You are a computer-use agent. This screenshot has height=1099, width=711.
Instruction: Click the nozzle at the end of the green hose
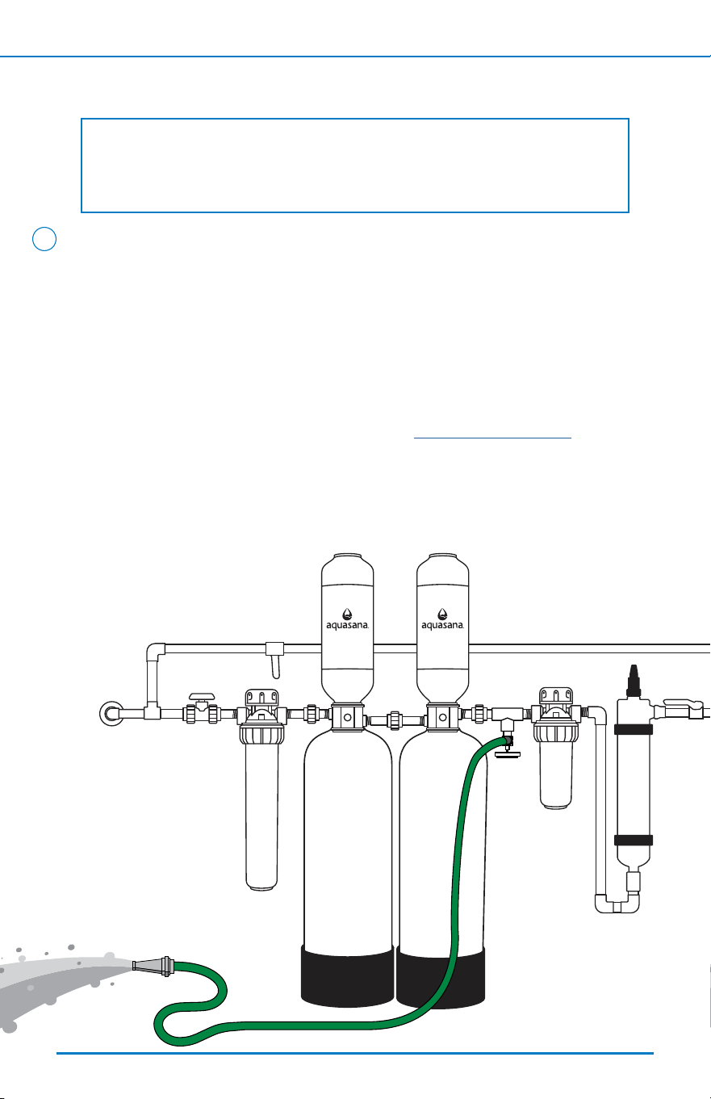153,966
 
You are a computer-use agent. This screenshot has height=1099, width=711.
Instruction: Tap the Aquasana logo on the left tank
347,619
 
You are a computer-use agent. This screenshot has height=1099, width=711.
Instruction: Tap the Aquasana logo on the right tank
442,619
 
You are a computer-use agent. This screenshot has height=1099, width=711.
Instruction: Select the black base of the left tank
347,975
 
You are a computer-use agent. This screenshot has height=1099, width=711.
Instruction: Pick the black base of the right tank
441,978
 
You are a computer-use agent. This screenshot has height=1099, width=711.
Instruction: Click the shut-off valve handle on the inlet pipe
202,697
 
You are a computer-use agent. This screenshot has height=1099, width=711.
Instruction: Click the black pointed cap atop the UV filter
634,681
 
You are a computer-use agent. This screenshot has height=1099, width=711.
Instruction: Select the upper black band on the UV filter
634,729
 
